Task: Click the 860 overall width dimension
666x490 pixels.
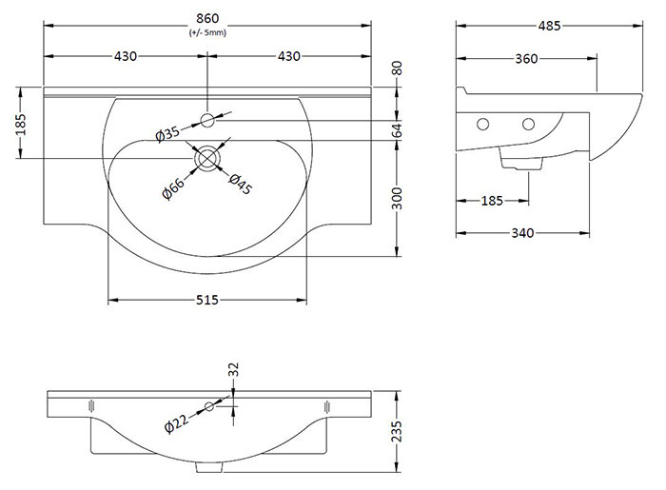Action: coord(207,18)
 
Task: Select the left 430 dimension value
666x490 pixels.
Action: coord(125,56)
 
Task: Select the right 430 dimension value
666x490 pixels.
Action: coord(289,56)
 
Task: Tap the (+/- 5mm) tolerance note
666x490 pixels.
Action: coord(207,32)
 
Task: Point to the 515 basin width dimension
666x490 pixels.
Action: coord(207,301)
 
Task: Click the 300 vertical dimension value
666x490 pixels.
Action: coord(401,199)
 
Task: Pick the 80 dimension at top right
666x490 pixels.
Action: coord(401,69)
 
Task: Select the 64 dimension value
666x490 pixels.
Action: coord(401,128)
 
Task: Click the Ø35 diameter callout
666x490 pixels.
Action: coord(168,134)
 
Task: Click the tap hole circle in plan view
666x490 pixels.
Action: coord(207,120)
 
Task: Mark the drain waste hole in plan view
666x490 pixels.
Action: coord(206,157)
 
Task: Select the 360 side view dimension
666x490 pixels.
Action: coord(526,59)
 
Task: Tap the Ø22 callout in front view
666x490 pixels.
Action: coord(178,424)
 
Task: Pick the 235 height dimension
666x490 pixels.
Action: coord(401,433)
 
